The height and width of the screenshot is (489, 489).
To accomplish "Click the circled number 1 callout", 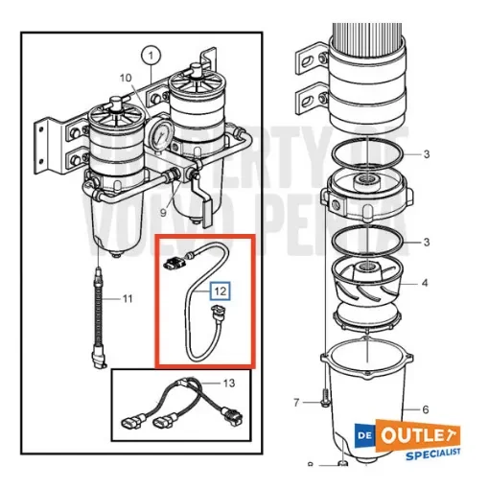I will click(x=150, y=57).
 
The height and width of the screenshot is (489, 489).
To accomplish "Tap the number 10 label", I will click(x=125, y=77).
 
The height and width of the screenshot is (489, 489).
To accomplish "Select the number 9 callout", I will click(x=164, y=214).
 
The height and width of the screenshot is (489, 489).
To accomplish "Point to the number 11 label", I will click(x=126, y=300).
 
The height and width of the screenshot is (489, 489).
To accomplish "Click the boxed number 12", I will click(x=219, y=289).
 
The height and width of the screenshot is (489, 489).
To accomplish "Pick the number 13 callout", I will click(x=226, y=383).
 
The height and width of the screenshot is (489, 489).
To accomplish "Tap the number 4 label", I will click(x=426, y=284).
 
